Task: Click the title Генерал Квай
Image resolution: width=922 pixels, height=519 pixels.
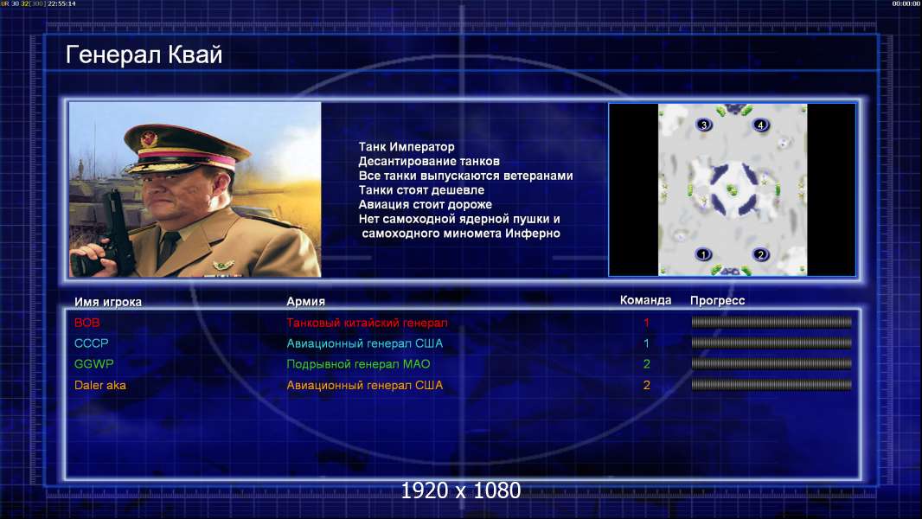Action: pyautogui.click(x=144, y=55)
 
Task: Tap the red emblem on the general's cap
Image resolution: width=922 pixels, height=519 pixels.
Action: pyautogui.click(x=149, y=139)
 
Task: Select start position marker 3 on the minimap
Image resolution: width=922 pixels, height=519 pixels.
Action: pyautogui.click(x=704, y=125)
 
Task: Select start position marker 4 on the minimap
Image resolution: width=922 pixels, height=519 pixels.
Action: pyautogui.click(x=761, y=125)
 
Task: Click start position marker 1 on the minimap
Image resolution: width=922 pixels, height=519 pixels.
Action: pyautogui.click(x=704, y=254)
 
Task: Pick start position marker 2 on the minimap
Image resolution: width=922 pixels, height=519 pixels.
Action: pyautogui.click(x=761, y=254)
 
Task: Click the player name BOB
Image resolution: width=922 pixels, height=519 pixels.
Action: pyautogui.click(x=87, y=323)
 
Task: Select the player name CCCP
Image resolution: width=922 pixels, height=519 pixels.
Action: pyautogui.click(x=91, y=343)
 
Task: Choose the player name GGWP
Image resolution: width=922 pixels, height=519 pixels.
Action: pyautogui.click(x=94, y=364)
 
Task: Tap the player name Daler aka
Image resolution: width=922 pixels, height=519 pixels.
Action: pyautogui.click(x=100, y=386)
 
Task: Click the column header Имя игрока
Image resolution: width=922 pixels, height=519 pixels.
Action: pyautogui.click(x=107, y=302)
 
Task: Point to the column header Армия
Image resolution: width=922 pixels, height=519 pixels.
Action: pyautogui.click(x=306, y=302)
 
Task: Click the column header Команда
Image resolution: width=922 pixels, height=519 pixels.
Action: pyautogui.click(x=645, y=300)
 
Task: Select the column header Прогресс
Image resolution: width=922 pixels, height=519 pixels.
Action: pyautogui.click(x=717, y=301)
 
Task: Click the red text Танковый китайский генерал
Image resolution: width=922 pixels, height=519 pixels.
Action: pyautogui.click(x=367, y=323)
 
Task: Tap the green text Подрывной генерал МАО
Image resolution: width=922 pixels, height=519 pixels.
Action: pyautogui.click(x=358, y=364)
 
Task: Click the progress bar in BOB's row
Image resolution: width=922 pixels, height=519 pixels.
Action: pyautogui.click(x=772, y=322)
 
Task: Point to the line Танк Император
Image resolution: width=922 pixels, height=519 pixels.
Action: pyautogui.click(x=407, y=147)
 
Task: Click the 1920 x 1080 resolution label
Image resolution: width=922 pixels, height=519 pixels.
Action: pyautogui.click(x=461, y=490)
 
